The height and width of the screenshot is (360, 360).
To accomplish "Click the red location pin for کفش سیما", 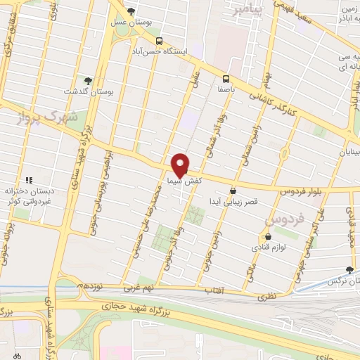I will point(181,165).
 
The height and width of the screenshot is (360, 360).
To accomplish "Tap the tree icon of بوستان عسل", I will point(131,11).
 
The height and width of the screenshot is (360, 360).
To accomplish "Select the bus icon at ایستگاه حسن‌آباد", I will point(160,41).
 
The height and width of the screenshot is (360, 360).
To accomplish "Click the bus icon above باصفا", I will point(226,79).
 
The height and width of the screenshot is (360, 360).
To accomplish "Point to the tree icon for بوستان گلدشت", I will point(88,82).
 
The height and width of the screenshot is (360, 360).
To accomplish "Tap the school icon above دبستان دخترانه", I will point(30,180).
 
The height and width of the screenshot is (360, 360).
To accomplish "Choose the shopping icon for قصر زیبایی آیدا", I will point(233,190).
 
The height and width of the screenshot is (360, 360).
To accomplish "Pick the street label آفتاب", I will point(210,290).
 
